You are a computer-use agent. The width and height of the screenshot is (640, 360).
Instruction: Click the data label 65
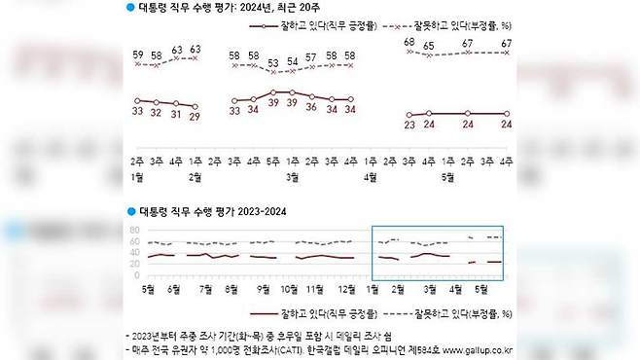pyautogui.click(x=429, y=48)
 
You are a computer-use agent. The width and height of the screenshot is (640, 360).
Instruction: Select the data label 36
pyautogui.click(x=311, y=107)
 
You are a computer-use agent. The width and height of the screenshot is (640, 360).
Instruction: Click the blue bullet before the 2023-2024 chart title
pyautogui.click(x=129, y=210)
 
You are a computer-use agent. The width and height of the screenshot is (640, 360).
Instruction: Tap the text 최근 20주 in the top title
pyautogui.click(x=298, y=8)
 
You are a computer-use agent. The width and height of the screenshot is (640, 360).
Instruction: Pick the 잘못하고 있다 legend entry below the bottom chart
pyautogui.click(x=452, y=313)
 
